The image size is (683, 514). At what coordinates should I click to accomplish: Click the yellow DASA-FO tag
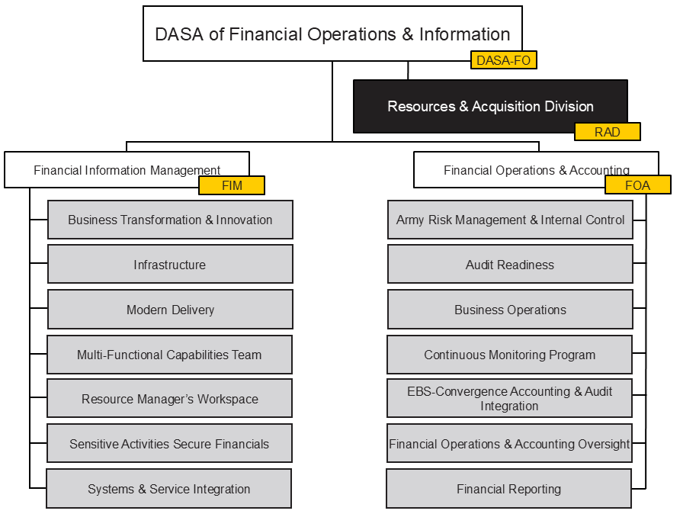pyautogui.click(x=503, y=60)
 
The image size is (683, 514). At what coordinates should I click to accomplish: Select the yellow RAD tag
pyautogui.click(x=607, y=132)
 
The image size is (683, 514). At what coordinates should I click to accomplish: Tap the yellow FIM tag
pyautogui.click(x=232, y=185)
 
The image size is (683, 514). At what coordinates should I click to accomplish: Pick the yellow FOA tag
pyautogui.click(x=638, y=185)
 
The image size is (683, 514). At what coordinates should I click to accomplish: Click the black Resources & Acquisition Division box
pyautogui.click(x=490, y=106)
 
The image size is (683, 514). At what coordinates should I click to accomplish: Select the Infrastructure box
pyautogui.click(x=170, y=265)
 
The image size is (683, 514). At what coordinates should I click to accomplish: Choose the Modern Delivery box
pyautogui.click(x=170, y=310)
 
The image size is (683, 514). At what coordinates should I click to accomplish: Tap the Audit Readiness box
pyautogui.click(x=510, y=265)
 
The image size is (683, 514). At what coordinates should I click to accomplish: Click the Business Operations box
pyautogui.click(x=510, y=310)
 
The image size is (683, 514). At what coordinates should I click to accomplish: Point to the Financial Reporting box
pyautogui.click(x=508, y=489)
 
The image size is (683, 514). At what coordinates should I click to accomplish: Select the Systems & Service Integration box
pyautogui.click(x=168, y=489)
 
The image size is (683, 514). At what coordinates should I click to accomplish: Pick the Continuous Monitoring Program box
pyautogui.click(x=510, y=355)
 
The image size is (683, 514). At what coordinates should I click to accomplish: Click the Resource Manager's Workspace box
pyautogui.click(x=169, y=399)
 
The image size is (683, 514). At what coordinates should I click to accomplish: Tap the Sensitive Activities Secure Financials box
pyautogui.click(x=169, y=444)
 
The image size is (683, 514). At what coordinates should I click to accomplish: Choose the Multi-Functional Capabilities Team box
pyautogui.click(x=169, y=355)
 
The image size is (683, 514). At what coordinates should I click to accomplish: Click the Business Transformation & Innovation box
pyautogui.click(x=170, y=220)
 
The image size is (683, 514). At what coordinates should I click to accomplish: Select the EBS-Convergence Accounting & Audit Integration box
pyautogui.click(x=509, y=399)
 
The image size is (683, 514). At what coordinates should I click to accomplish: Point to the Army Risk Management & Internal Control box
pyautogui.click(x=510, y=220)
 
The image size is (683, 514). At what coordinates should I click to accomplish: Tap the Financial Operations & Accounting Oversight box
pyautogui.click(x=509, y=444)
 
